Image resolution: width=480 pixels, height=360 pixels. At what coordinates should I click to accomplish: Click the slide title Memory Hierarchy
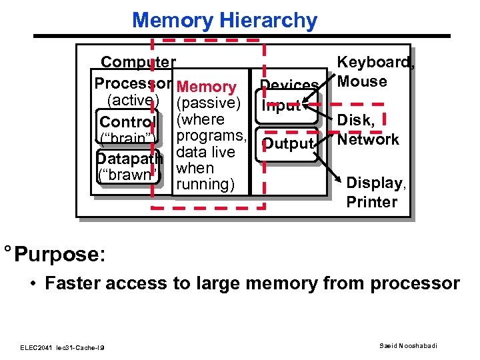pyautogui.click(x=225, y=20)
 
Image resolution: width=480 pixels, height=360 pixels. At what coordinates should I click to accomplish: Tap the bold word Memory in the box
pyautogui.click(x=207, y=87)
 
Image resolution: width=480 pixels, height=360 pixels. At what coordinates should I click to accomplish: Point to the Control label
pyautogui.click(x=127, y=123)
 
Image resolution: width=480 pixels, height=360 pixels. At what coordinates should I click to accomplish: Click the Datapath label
pyautogui.click(x=129, y=159)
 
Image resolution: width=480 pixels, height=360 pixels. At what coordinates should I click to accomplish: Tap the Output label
pyautogui.click(x=288, y=144)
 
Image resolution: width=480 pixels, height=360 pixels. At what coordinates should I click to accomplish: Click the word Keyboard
pyautogui.click(x=375, y=63)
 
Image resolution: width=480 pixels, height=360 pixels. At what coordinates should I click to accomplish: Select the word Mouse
pyautogui.click(x=362, y=81)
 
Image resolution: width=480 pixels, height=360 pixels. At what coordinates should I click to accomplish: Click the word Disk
pyautogui.click(x=355, y=121)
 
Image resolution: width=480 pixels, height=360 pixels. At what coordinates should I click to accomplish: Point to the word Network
pyautogui.click(x=368, y=139)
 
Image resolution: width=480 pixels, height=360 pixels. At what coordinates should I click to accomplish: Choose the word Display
pyautogui.click(x=374, y=183)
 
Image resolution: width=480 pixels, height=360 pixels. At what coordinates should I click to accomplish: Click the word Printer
pyautogui.click(x=371, y=201)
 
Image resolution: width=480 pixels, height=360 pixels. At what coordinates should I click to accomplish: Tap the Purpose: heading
pyautogui.click(x=59, y=255)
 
